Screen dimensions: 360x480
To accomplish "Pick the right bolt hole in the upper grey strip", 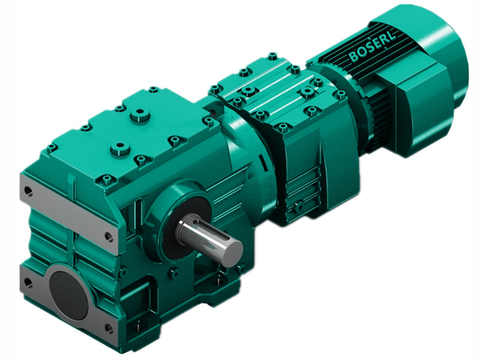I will (x=108, y=236).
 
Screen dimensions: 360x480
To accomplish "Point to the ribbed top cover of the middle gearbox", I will (x=270, y=84).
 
